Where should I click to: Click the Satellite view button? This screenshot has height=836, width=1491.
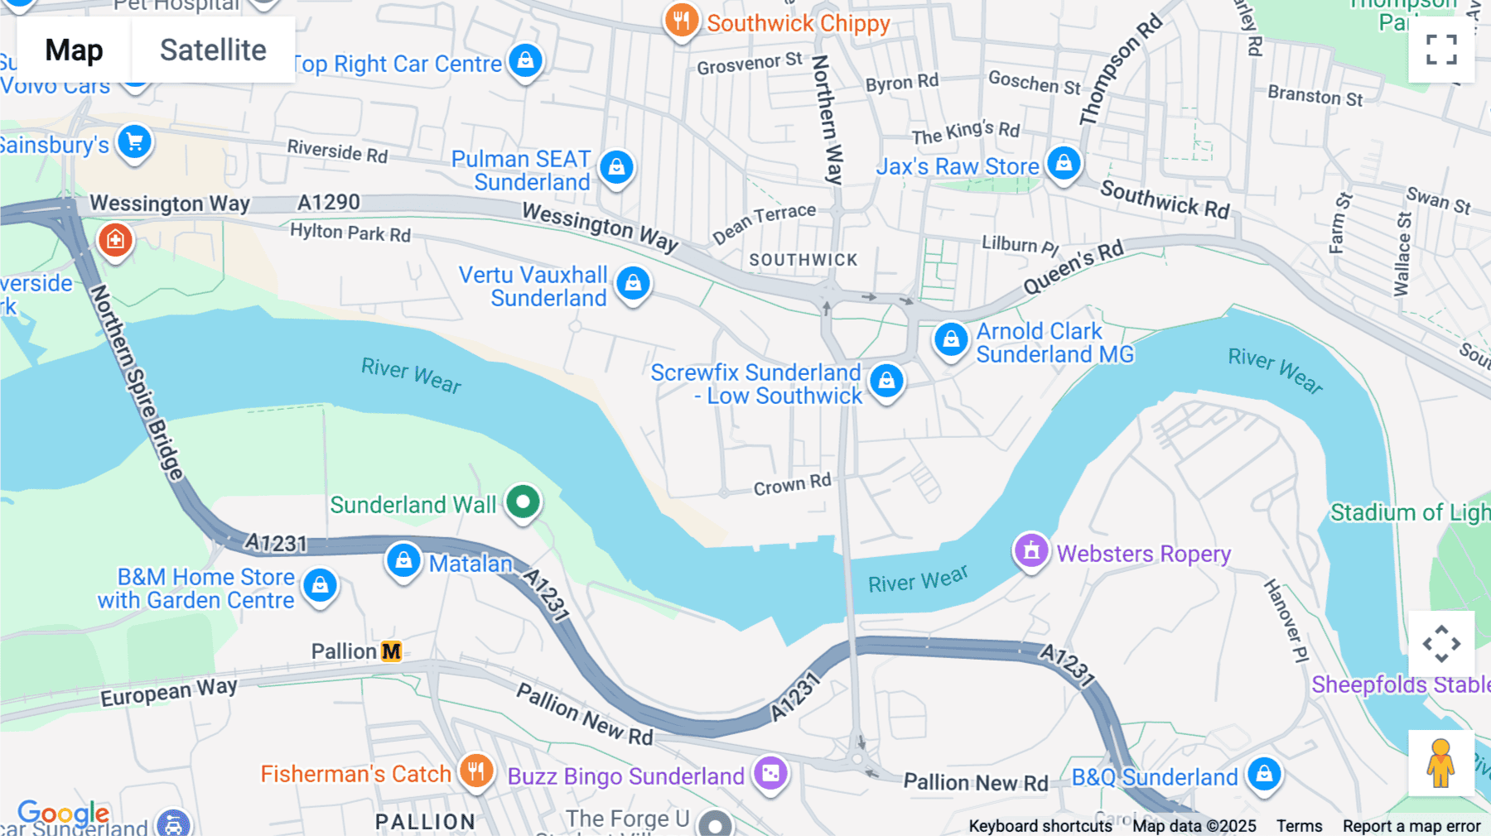[x=213, y=50]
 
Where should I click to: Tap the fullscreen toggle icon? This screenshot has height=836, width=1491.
[x=1441, y=50]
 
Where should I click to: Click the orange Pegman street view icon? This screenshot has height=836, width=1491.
[x=1440, y=762]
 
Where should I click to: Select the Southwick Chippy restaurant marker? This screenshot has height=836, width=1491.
[x=681, y=21]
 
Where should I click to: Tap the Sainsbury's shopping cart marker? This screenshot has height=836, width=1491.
[x=134, y=142]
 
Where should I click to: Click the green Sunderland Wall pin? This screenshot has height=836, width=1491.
[x=523, y=502]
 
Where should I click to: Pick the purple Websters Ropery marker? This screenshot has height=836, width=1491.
[x=1031, y=550]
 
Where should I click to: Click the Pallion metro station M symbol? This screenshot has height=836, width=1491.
[x=391, y=651]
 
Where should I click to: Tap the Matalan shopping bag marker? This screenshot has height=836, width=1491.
[x=403, y=560]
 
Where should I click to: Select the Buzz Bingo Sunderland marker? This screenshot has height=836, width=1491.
[x=770, y=774]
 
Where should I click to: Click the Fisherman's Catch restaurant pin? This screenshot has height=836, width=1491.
[x=476, y=771]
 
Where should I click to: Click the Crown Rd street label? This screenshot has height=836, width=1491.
[x=792, y=484]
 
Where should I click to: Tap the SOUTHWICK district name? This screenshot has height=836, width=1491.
[x=803, y=260]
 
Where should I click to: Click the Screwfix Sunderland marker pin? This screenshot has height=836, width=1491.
[x=886, y=381]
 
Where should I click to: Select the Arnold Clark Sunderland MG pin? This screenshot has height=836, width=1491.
[x=951, y=339]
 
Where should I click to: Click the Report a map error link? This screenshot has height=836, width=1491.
[x=1411, y=826]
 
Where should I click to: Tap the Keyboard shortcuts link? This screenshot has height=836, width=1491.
[x=1040, y=826]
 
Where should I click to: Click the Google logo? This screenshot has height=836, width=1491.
[x=64, y=813]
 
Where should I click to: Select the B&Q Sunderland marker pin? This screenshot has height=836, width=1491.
[x=1264, y=775]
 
